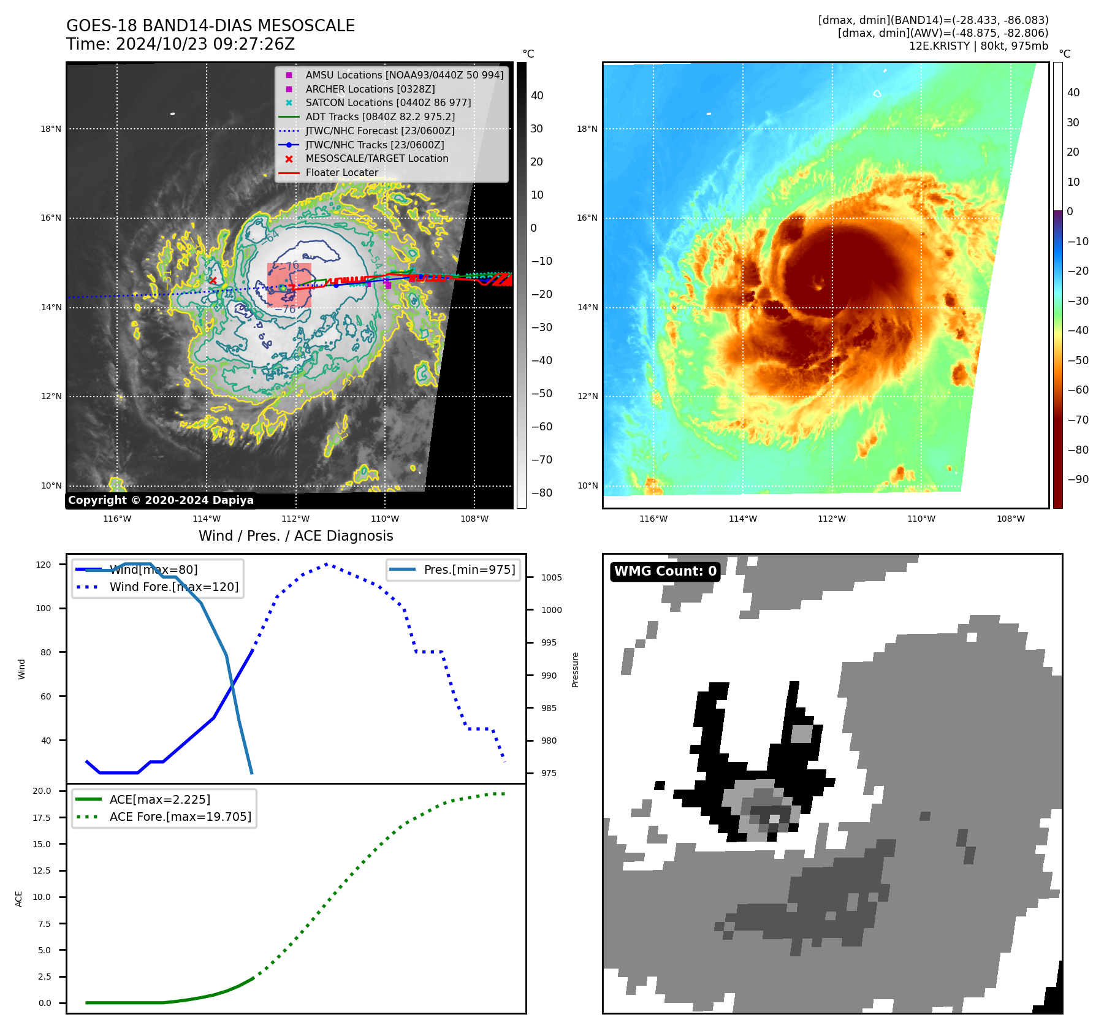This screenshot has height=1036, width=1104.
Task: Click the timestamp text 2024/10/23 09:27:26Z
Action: click(x=205, y=44)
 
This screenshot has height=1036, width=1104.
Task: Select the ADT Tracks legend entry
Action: click(x=380, y=116)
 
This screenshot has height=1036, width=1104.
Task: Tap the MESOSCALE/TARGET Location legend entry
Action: click(x=376, y=158)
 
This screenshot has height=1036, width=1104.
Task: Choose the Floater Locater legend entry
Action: click(x=341, y=172)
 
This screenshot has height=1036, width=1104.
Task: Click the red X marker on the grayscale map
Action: click(x=213, y=281)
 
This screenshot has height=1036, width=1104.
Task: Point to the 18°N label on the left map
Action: click(x=51, y=129)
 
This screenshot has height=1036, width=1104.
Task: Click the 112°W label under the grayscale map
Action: click(x=295, y=519)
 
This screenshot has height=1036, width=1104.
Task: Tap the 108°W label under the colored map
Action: click(x=1010, y=519)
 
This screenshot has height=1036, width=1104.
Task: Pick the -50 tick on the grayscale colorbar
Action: click(x=541, y=394)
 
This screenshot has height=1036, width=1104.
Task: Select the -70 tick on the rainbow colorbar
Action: click(x=1078, y=420)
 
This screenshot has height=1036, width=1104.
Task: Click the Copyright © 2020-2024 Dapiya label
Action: click(x=161, y=500)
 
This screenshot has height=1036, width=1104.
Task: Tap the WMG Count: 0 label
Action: click(x=665, y=571)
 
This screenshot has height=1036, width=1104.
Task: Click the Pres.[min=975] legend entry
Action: click(x=470, y=569)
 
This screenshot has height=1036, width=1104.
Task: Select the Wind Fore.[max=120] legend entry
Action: click(x=174, y=587)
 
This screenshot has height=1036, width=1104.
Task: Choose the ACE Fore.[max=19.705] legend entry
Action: click(x=180, y=817)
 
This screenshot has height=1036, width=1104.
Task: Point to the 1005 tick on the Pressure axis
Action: click(x=551, y=577)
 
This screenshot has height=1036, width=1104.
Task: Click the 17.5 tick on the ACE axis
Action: click(x=42, y=818)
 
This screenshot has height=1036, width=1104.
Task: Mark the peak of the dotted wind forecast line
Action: click(x=326, y=564)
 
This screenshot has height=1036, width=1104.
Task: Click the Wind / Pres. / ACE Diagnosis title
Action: click(x=295, y=536)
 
